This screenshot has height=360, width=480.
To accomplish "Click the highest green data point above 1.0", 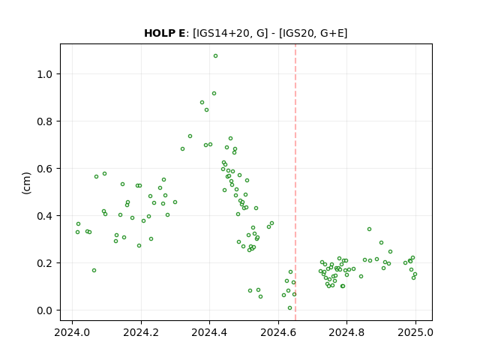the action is coord(215,56).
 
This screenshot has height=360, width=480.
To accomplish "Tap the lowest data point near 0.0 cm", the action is coord(290,308).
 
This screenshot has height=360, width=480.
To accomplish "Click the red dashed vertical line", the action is coord(295,182).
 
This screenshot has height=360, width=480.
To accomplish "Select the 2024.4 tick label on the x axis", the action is coord(209,332).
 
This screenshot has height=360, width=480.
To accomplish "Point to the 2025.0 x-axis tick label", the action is coord(415,332).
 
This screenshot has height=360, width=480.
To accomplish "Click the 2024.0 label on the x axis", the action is coord(72,332).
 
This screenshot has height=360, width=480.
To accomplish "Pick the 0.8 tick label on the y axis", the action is coord(45,121).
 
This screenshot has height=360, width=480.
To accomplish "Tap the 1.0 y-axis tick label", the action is coord(45,74).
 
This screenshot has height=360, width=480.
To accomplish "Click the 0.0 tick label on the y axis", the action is coord(45,310).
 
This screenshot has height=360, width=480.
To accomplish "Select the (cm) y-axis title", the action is coord(27,183).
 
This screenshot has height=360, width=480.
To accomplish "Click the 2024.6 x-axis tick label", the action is coord(278,332).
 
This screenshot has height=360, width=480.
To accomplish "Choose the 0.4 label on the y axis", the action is coord(45,216).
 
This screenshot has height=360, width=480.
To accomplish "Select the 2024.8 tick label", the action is coord(346,332).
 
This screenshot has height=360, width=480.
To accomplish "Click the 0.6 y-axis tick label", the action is coord(45,169).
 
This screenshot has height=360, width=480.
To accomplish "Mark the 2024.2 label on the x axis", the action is coord(141,332).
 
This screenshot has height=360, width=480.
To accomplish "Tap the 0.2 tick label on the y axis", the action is coord(45,263).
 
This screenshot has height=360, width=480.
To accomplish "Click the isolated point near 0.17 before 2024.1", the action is coord(94,270).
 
